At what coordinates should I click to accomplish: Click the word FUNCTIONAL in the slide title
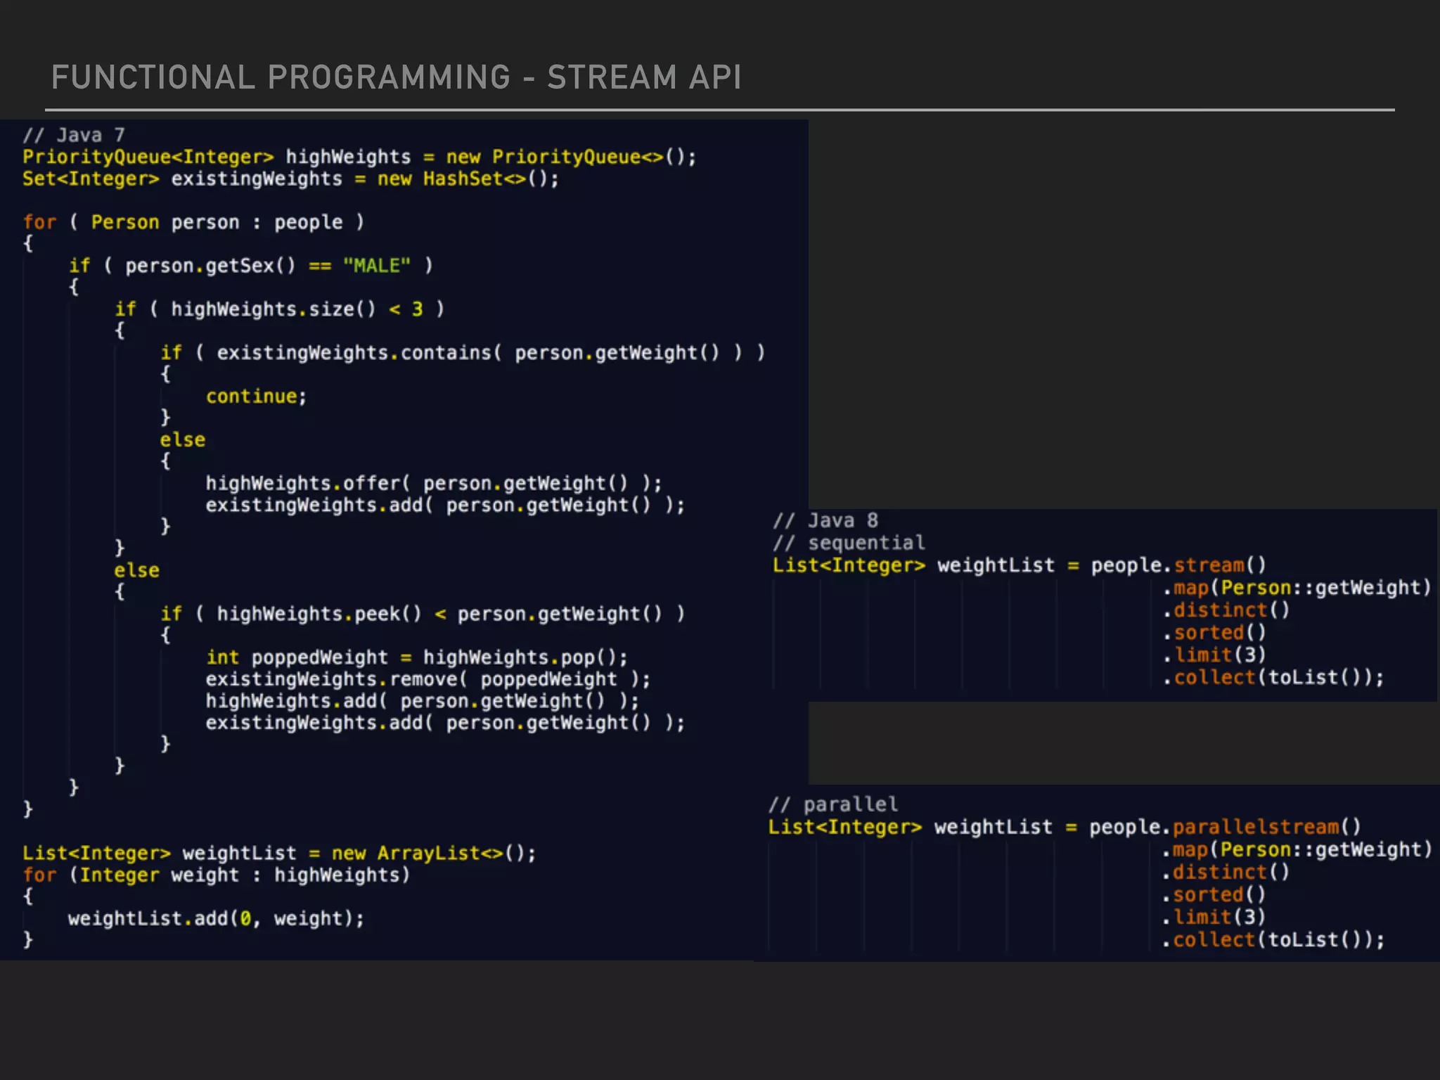[x=153, y=77]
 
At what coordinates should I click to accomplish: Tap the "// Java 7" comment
[x=73, y=134]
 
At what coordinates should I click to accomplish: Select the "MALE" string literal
[x=377, y=266]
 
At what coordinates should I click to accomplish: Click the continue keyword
[x=252, y=397]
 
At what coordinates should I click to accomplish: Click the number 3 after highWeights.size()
[x=418, y=309]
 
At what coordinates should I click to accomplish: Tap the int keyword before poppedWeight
[x=222, y=657]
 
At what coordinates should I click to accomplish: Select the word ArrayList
[x=429, y=853]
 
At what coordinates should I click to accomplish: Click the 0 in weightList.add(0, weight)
[x=245, y=919]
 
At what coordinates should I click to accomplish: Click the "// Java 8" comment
[x=825, y=520]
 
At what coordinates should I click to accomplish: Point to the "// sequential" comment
[x=849, y=543]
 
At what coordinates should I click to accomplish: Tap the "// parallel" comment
[x=833, y=804]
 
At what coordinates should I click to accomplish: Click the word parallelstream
[x=1256, y=827]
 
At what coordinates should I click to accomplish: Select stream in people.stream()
[x=1209, y=565]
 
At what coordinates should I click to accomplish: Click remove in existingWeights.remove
[x=424, y=679]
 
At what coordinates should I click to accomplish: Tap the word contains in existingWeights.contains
[x=446, y=353]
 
